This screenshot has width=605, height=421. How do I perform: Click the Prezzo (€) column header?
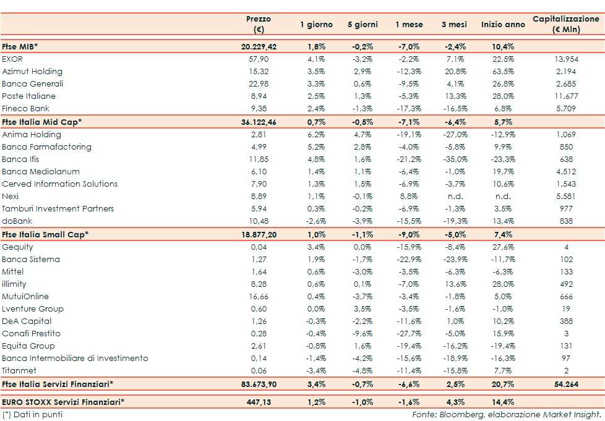coord(259,24)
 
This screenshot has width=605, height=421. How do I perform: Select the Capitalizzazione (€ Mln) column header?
coord(566,24)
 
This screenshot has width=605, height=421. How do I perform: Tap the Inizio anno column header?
coord(502,25)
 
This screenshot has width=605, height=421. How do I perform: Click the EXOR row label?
coord(12,59)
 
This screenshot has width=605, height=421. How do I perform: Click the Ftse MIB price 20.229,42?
coord(259,46)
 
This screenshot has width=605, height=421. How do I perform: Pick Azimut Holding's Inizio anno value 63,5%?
coord(502,71)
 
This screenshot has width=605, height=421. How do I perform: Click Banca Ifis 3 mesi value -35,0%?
coord(455,159)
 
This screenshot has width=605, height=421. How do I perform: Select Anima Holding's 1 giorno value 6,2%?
coord(316,134)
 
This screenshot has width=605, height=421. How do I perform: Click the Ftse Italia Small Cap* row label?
coord(45,234)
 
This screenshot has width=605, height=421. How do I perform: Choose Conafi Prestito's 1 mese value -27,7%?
coord(408,333)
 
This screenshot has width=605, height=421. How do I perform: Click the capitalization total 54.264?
coord(566,384)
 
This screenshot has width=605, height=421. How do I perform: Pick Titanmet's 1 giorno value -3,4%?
coord(316,370)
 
